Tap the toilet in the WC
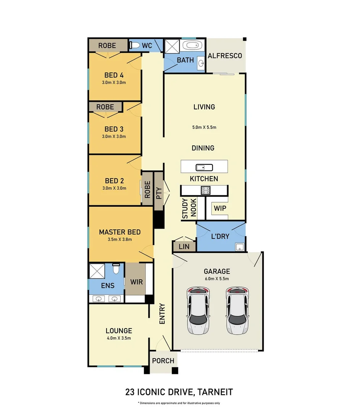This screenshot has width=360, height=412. (x=134, y=45)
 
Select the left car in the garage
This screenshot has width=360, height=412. (x=198, y=310)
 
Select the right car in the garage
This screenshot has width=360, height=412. (x=237, y=310)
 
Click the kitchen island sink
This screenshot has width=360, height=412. (x=204, y=167)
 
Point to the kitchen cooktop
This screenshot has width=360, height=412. (x=205, y=190)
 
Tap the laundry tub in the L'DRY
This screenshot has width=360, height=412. (x=240, y=247)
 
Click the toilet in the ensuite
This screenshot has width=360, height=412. (x=116, y=269)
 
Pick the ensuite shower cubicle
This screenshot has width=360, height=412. (x=97, y=271)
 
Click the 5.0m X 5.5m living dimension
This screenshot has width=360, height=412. (x=204, y=127)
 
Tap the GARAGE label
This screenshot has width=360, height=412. (x=217, y=272)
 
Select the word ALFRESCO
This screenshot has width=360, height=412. (x=225, y=56)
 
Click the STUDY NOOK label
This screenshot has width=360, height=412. (x=189, y=209)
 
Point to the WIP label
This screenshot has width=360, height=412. (x=220, y=208)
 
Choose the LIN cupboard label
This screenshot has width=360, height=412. (x=184, y=247)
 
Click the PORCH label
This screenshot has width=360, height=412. (x=163, y=361)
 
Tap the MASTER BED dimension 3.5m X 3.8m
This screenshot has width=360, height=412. (x=119, y=240)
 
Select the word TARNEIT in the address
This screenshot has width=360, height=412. (x=215, y=392)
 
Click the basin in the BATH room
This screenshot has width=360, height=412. (x=201, y=63)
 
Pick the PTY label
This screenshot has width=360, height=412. (x=159, y=193)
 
